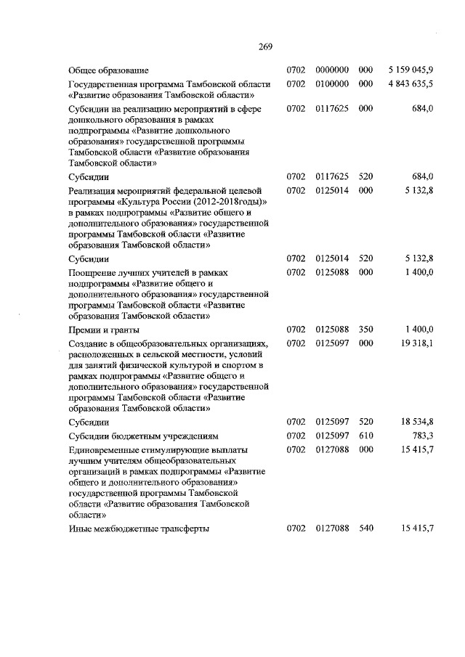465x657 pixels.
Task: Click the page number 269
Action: tap(264, 47)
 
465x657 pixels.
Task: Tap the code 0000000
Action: tap(333, 70)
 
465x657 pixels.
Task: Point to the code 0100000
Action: tap(333, 83)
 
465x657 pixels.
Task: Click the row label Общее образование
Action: tap(108, 70)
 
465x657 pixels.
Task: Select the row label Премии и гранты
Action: tap(100, 330)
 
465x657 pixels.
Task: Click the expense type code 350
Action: tap(365, 330)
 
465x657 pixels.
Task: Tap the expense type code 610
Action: tap(365, 436)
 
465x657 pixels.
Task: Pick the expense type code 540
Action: tap(365, 529)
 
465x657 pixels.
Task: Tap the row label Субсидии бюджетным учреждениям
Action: tap(142, 436)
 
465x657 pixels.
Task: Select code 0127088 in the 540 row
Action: tap(333, 529)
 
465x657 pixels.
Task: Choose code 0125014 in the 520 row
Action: tap(333, 258)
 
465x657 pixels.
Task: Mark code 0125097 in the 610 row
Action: tap(333, 436)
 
